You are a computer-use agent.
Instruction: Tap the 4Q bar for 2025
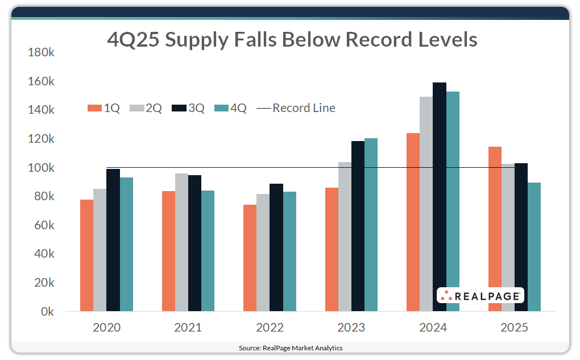click(x=534, y=247)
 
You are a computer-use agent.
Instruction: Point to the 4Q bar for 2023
click(x=371, y=225)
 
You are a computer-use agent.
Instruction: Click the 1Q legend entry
click(x=104, y=108)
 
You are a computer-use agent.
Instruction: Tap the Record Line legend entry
click(x=296, y=108)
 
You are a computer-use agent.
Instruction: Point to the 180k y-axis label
click(x=41, y=52)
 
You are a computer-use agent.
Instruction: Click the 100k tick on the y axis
click(x=41, y=168)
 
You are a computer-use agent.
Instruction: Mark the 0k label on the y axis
click(x=47, y=312)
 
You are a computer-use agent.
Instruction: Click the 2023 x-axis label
click(x=351, y=328)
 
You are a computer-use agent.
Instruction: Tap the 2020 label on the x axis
click(x=106, y=328)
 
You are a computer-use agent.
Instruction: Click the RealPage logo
click(x=480, y=295)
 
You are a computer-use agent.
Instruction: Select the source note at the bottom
click(x=290, y=347)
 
